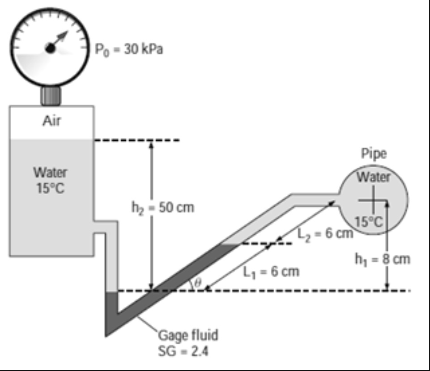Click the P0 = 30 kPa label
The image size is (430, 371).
(x=128, y=50)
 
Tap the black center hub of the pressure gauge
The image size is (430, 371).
(x=51, y=49)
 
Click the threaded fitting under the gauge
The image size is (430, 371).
(x=51, y=96)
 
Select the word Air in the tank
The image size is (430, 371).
(x=51, y=122)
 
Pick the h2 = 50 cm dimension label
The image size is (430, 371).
(x=163, y=208)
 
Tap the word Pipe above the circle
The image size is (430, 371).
(x=374, y=154)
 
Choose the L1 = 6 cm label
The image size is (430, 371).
(x=272, y=271)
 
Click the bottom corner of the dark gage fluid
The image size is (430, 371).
(x=107, y=334)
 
